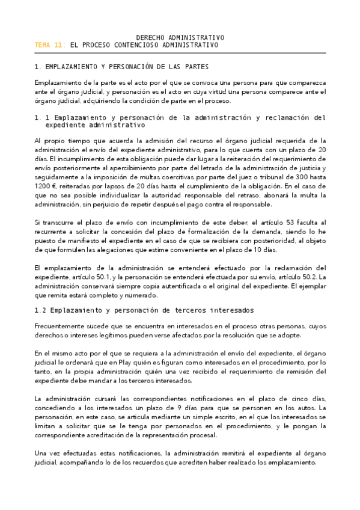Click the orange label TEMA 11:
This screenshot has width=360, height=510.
click(50, 45)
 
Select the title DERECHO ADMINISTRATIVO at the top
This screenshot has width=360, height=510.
click(177, 37)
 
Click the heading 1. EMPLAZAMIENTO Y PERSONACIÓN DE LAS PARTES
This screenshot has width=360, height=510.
click(122, 67)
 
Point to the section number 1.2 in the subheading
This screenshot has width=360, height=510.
click(43, 310)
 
